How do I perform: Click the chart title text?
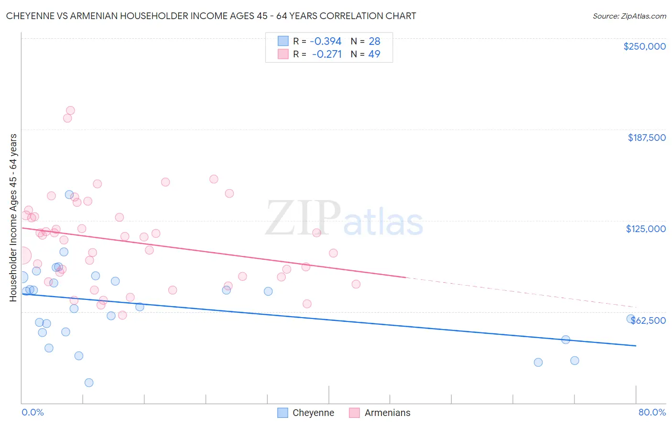(x=211, y=16)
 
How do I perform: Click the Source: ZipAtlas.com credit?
(x=629, y=16)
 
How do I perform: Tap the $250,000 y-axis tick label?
(x=644, y=46)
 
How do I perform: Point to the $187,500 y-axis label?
(x=646, y=138)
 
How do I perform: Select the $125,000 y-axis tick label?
(x=646, y=229)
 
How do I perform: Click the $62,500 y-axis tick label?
(x=648, y=320)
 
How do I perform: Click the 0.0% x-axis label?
(x=33, y=412)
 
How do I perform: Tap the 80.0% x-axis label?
(x=652, y=412)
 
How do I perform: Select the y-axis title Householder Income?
(x=13, y=218)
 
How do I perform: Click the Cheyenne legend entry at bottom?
(x=306, y=413)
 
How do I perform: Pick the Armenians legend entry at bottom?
(x=380, y=413)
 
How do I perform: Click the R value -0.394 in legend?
(x=325, y=41)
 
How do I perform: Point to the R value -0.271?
(x=327, y=54)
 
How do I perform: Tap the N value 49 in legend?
(x=374, y=54)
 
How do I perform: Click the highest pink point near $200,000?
(x=70, y=110)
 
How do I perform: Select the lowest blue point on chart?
(x=89, y=383)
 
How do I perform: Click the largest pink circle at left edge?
(x=22, y=256)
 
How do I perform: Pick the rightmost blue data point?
(x=631, y=319)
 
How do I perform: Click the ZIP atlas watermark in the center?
(x=344, y=219)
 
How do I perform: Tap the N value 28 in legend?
(x=374, y=41)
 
